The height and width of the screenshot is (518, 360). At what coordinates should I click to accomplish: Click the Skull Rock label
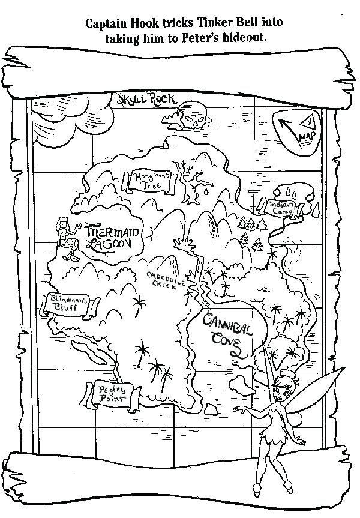[140, 100]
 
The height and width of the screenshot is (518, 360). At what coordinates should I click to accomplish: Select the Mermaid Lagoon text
[109, 237]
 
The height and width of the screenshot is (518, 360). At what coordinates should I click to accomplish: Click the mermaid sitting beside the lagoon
[65, 239]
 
